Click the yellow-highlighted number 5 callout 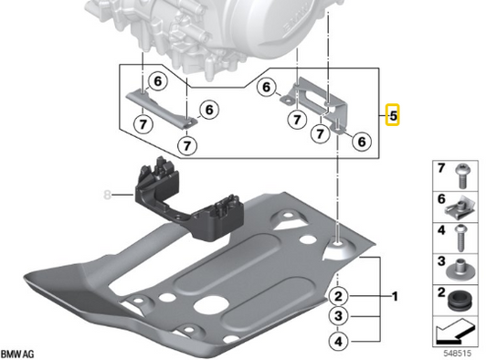click(393, 115)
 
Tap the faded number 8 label click(107, 195)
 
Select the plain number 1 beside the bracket click(395, 296)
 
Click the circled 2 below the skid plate click(338, 296)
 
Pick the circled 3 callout click(338, 316)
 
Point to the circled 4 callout click(338, 342)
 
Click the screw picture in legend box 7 click(462, 176)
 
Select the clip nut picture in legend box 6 click(461, 207)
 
